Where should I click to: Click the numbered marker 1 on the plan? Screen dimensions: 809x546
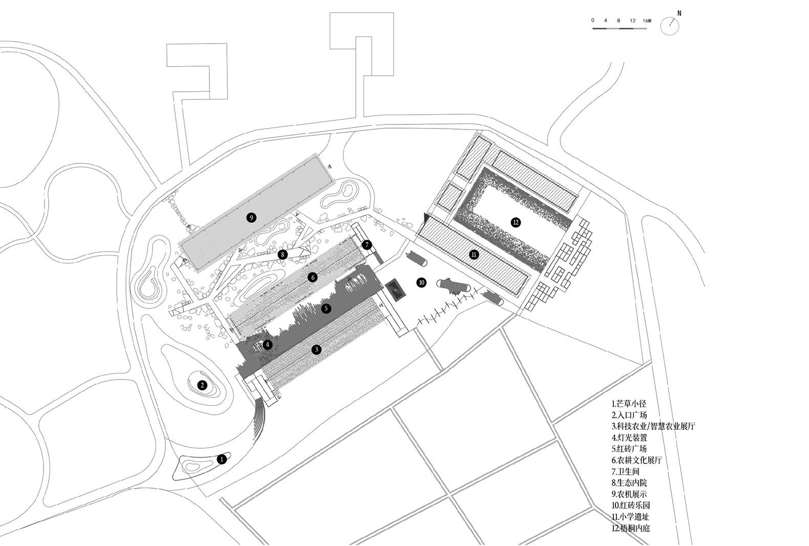coord(222,459)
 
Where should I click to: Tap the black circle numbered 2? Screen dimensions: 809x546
coord(202,385)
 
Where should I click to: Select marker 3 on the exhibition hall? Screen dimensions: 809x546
coord(316,349)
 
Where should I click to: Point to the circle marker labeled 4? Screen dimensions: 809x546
coord(267,345)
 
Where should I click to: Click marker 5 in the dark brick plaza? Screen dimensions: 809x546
coord(326,308)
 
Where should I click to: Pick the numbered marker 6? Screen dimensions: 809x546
coord(313,277)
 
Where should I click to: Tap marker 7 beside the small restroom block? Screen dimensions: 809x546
coord(367,245)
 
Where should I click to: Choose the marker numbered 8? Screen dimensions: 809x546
coord(283,255)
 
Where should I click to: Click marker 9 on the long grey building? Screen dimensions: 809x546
coord(251,218)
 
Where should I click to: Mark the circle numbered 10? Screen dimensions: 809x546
coord(421,282)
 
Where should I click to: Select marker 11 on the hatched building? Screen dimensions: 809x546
coord(474,255)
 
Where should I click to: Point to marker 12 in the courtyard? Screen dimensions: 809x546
coord(516,222)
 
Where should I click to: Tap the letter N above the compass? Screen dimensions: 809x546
coord(679,13)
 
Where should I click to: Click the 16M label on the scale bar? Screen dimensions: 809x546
coord(647,20)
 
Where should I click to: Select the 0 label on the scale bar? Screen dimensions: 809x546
coord(592,20)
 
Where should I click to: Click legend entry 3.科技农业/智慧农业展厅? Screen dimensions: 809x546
coord(653,426)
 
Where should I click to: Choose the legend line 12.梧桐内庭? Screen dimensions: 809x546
coord(631,528)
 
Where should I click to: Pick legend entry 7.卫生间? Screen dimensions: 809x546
coord(626,471)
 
